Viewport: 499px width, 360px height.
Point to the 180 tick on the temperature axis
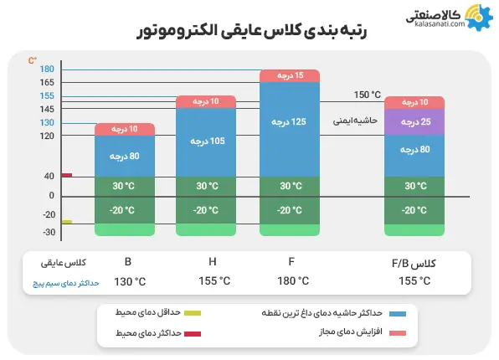(47, 69)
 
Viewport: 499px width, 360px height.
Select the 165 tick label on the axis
(47, 82)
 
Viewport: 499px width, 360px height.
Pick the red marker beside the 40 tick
(67, 175)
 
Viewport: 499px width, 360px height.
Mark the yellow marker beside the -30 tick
(67, 222)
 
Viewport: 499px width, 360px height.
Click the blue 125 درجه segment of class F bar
(287, 121)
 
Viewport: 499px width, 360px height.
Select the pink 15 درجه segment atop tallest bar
(287, 75)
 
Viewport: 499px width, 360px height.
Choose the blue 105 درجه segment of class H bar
(206, 141)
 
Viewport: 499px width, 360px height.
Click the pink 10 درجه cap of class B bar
(125, 129)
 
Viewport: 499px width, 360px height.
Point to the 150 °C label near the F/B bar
(368, 94)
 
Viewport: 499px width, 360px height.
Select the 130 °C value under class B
(128, 281)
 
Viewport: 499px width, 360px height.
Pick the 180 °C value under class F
(293, 281)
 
